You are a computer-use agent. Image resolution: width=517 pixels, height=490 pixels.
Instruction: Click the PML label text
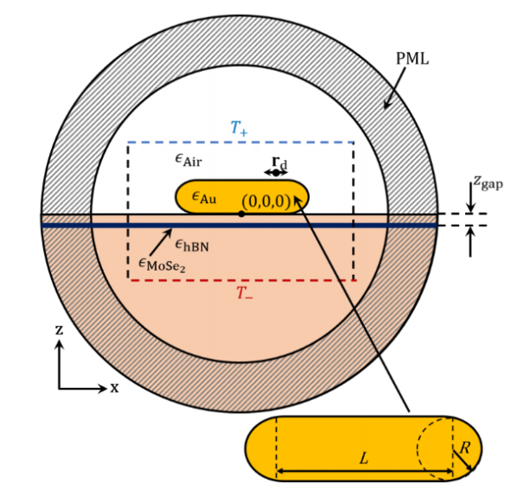[x=412, y=59]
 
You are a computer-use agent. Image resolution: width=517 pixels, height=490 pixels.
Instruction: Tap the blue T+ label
[x=239, y=128]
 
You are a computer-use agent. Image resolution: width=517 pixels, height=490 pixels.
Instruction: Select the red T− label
[x=246, y=293]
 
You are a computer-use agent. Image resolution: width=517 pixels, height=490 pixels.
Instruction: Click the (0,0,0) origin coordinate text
[x=265, y=200]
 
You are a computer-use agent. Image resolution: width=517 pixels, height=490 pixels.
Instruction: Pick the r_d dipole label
[x=278, y=161]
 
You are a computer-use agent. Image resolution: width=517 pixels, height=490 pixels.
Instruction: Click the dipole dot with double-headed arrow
[x=276, y=173]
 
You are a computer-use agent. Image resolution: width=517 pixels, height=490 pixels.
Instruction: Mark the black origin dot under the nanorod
[x=240, y=213]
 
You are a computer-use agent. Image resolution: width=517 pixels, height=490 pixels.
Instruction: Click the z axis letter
[x=58, y=330]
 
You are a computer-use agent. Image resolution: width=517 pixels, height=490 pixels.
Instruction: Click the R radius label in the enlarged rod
[x=464, y=448]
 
